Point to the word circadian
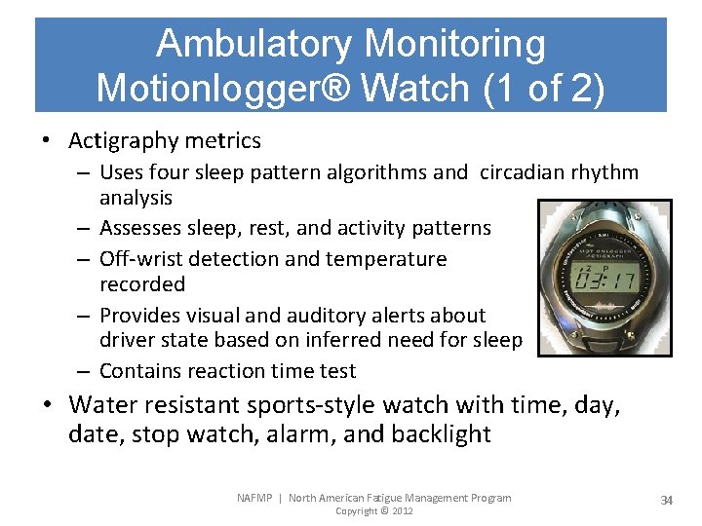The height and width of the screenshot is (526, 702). tap(522, 173)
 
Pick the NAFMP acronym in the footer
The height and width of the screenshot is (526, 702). tap(255, 498)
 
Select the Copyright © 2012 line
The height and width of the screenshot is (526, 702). tap(373, 511)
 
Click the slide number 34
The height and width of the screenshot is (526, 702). tap(666, 500)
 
